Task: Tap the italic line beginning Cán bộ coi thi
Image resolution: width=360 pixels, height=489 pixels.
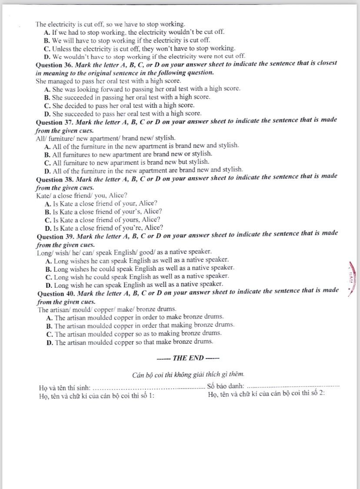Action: click(x=188, y=374)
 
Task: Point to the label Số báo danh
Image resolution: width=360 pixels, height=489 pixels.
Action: click(x=226, y=386)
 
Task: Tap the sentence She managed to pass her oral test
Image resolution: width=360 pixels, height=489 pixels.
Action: click(x=108, y=81)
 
